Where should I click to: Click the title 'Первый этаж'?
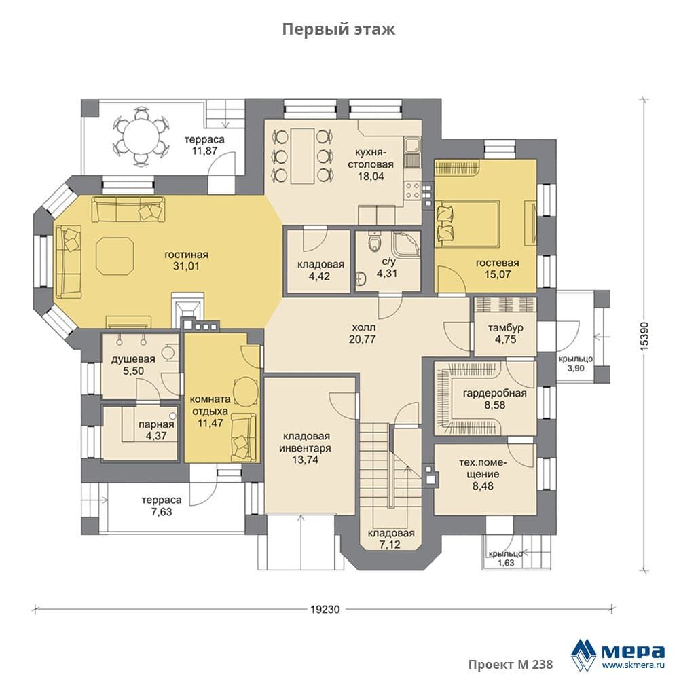click(x=338, y=29)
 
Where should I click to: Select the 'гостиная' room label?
click(x=186, y=255)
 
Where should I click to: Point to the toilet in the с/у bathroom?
click(x=373, y=242)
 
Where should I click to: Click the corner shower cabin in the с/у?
click(x=406, y=244)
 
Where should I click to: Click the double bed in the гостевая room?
click(x=468, y=224)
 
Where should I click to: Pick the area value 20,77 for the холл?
click(x=363, y=339)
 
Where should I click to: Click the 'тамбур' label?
click(x=505, y=328)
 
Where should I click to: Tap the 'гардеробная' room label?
click(x=495, y=393)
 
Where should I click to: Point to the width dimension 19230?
click(x=325, y=610)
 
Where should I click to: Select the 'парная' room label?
click(x=156, y=425)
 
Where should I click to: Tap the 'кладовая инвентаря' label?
click(x=305, y=442)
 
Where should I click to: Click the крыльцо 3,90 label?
click(x=576, y=363)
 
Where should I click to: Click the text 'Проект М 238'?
click(x=510, y=664)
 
